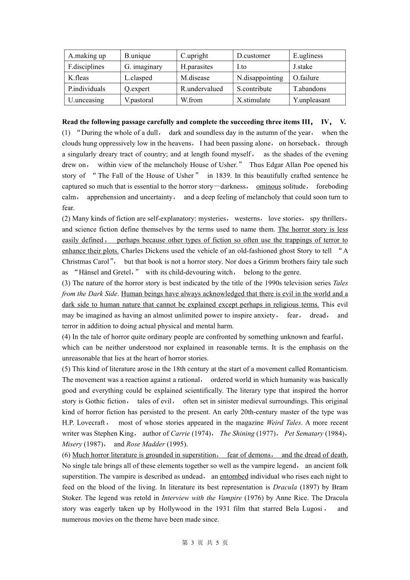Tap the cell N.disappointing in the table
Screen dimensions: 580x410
click(260, 78)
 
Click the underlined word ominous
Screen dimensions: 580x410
click(268, 186)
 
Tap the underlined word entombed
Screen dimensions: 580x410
click(234, 476)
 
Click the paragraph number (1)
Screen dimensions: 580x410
click(66, 133)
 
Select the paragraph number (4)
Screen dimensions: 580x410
click(66, 337)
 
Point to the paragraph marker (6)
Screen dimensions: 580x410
click(66, 455)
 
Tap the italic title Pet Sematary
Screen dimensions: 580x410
click(304, 434)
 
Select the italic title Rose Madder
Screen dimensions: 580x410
click(145, 444)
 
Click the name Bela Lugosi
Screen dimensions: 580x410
click(304, 509)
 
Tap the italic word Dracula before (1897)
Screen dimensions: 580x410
click(285, 487)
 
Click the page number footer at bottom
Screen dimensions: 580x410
click(205, 543)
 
